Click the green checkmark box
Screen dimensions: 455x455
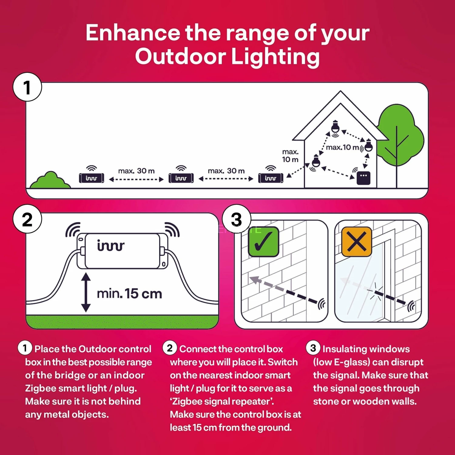[263, 242]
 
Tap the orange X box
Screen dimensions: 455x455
[356, 242]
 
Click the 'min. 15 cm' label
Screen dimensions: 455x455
[129, 294]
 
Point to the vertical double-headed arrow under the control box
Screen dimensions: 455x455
[86, 292]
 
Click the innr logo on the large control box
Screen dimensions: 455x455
[111, 246]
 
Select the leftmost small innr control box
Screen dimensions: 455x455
[91, 178]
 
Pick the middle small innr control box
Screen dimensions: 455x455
[181, 178]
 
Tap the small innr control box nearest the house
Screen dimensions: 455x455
[271, 178]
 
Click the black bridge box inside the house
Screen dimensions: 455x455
[363, 178]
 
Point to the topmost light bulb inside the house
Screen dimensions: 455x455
[335, 127]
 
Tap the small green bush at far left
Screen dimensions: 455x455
[50, 180]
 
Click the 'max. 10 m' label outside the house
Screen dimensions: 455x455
[290, 156]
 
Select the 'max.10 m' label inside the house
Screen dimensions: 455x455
[342, 147]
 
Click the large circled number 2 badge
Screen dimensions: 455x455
[27, 219]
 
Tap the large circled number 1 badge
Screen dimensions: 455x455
[27, 87]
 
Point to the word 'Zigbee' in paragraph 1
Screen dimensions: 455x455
[40, 388]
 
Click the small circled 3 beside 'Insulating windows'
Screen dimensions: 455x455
[313, 348]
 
